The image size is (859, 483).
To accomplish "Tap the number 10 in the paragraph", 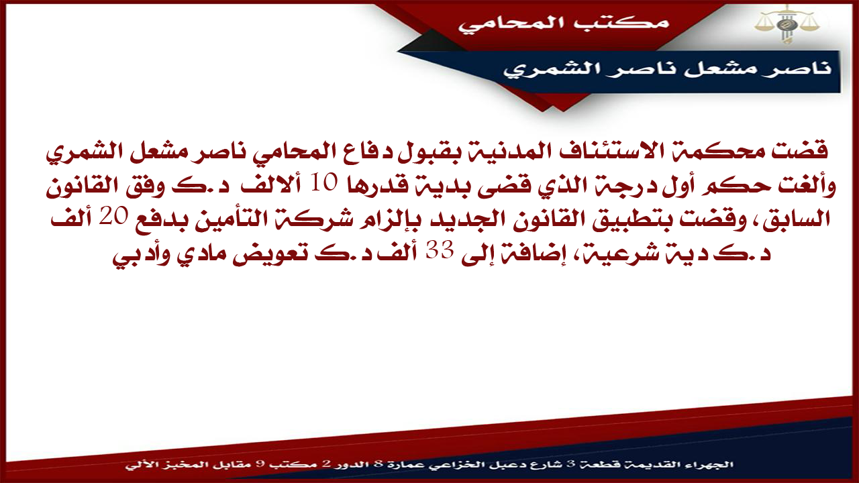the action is tap(325, 183).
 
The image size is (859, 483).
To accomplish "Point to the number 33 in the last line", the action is tap(438, 251).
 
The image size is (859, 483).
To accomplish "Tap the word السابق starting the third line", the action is tap(794, 221).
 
